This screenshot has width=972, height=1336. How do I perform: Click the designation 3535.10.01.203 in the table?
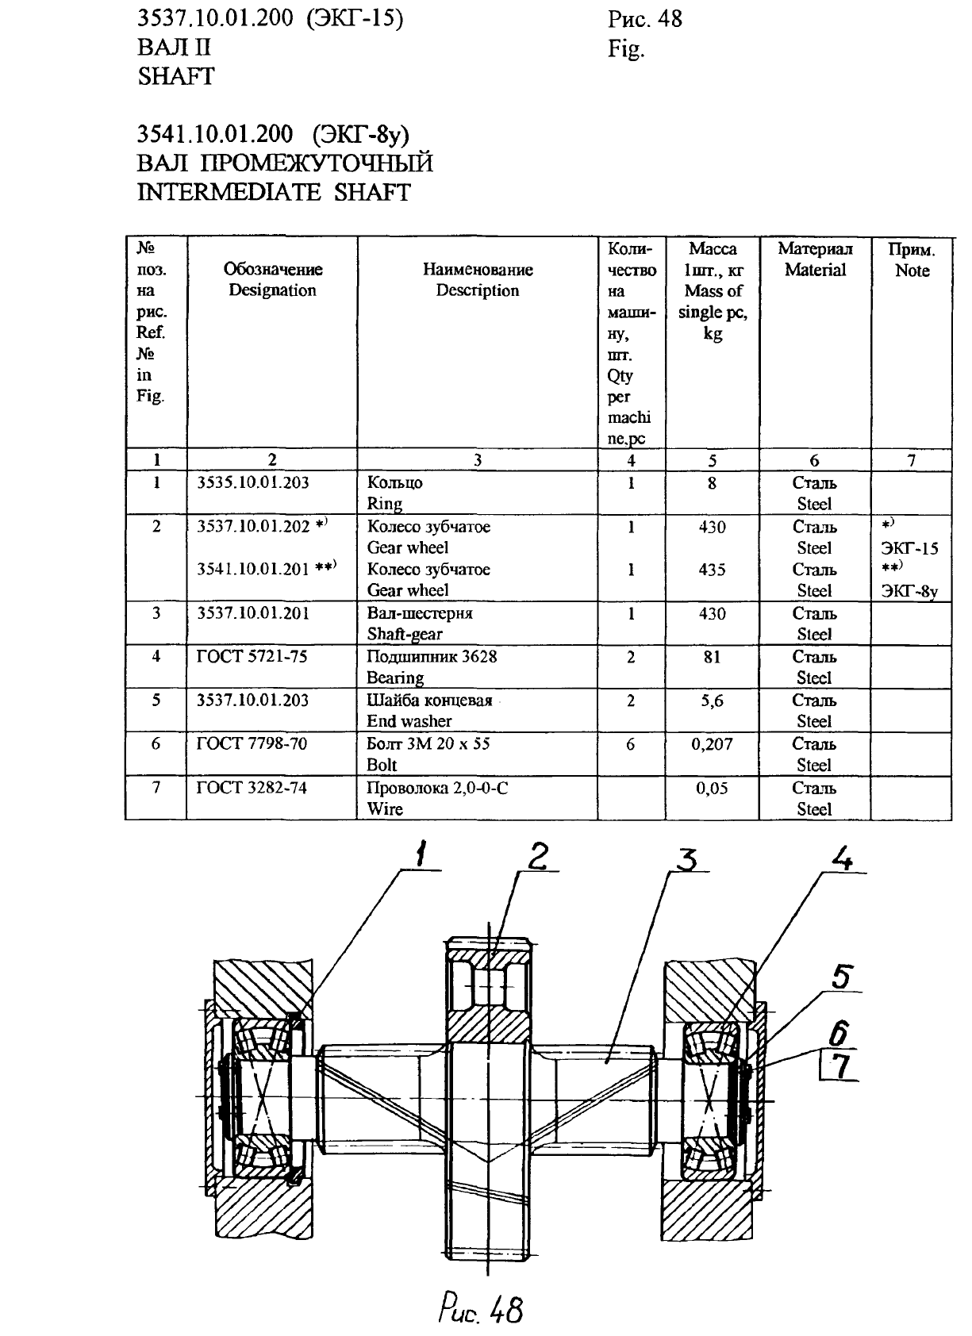[253, 482]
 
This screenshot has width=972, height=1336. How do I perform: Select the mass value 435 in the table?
[712, 569]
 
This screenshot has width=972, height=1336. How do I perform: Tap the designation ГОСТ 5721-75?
[252, 656]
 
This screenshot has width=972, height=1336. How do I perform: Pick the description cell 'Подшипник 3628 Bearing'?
[432, 666]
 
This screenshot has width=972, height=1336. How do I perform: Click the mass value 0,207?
[712, 743]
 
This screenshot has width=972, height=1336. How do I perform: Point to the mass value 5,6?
[712, 701]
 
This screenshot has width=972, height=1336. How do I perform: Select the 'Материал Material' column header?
[815, 259]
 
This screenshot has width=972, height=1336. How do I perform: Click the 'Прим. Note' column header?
[912, 259]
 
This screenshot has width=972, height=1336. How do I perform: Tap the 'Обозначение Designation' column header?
[273, 279]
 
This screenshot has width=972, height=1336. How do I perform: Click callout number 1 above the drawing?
[421, 854]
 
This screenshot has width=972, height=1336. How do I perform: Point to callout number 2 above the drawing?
[538, 857]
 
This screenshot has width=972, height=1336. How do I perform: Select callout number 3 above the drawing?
[687, 859]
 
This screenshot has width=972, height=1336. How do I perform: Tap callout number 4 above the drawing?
[842, 859]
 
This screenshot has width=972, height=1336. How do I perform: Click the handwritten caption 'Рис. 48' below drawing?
[481, 1308]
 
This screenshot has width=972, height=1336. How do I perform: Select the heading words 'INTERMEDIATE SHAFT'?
[274, 192]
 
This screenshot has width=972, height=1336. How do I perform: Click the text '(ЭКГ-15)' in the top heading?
[355, 18]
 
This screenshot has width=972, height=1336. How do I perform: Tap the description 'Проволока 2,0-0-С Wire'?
[437, 798]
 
